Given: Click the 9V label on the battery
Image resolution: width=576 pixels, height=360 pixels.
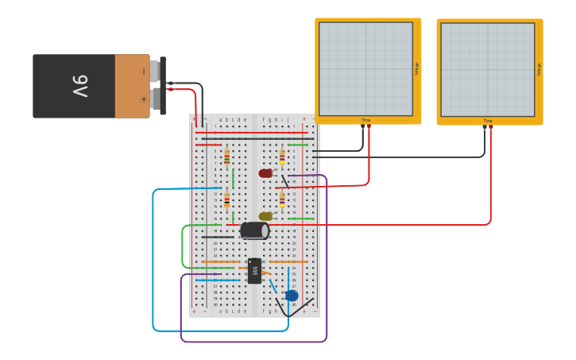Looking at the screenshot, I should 79,86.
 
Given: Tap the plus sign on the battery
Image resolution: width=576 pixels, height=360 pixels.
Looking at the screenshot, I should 143,99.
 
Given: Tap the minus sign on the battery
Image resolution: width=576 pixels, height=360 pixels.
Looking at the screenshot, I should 143,72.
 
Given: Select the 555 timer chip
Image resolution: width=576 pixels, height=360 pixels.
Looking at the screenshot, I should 254,271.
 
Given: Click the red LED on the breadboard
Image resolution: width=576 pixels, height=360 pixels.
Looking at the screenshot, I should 265,173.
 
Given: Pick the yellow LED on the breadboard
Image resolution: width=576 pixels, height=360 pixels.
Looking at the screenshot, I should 265,216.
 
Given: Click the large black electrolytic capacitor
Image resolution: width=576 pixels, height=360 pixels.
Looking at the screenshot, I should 254,230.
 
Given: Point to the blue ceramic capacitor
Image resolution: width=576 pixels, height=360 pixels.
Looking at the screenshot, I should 292,296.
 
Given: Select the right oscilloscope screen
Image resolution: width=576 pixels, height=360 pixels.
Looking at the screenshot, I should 487,70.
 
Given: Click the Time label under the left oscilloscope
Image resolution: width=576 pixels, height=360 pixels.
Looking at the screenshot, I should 365,120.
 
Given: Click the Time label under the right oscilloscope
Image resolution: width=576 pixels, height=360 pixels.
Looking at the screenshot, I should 487,121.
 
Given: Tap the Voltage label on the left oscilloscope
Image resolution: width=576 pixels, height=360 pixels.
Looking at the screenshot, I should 416,68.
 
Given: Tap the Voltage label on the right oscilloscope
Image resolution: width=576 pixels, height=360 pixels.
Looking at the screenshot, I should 538,70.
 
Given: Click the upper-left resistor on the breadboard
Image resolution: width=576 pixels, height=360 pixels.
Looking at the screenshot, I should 226,157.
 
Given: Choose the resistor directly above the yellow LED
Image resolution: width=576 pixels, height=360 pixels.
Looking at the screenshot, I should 282,199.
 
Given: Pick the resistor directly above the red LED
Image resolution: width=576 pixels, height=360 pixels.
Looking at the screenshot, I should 282,157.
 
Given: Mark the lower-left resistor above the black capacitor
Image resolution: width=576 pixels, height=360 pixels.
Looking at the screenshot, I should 226,199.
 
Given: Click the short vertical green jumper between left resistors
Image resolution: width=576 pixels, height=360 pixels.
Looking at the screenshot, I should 233,178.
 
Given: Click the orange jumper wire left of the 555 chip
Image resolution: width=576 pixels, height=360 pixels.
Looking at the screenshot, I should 221,261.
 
